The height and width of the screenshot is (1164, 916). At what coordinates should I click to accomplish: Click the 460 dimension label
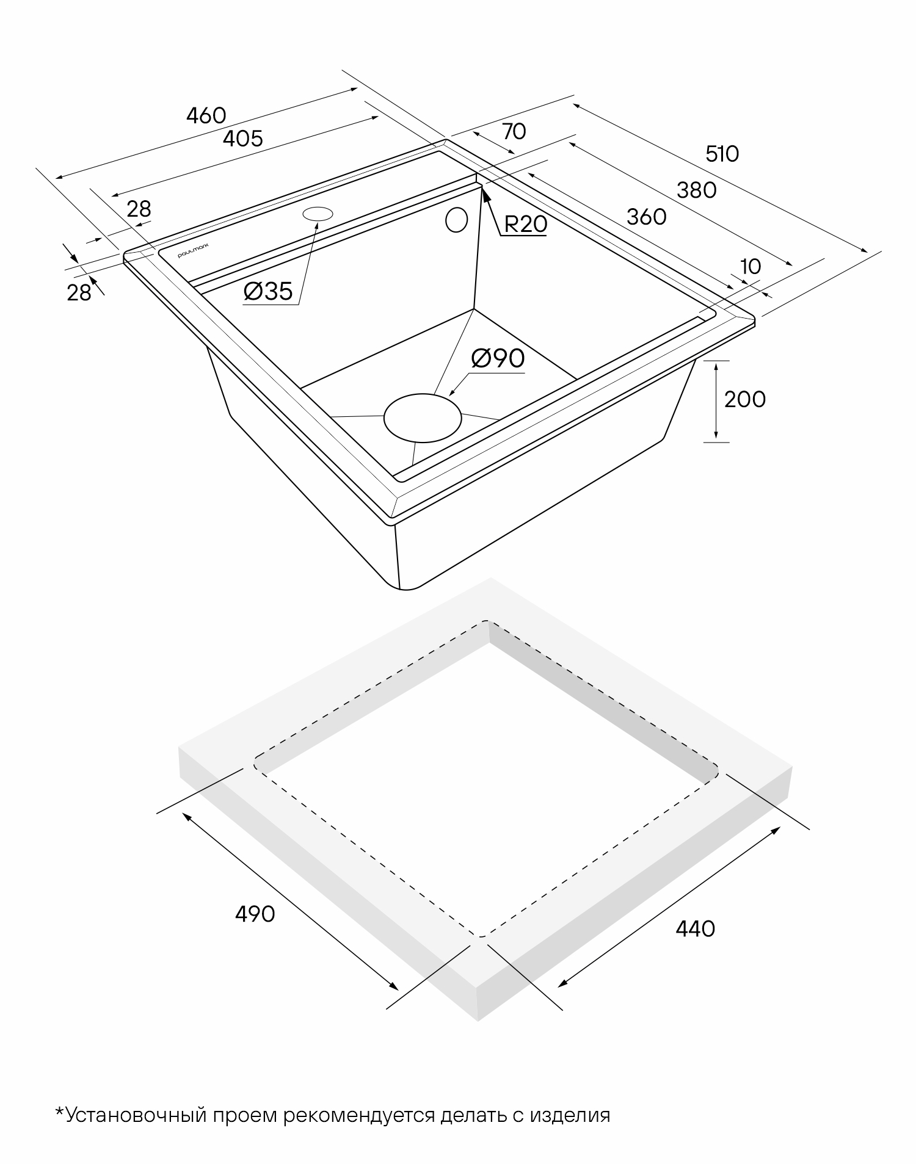coord(206,115)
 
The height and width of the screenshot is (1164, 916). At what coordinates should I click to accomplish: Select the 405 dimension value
coord(242,139)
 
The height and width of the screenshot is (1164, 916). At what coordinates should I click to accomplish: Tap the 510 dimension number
coord(722,154)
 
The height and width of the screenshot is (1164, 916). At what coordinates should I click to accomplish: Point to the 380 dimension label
coord(696,190)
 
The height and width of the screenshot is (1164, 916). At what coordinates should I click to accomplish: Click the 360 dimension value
coord(647,216)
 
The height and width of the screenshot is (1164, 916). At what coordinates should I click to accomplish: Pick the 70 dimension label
coord(514,131)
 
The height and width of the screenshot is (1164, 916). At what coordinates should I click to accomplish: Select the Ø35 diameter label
coord(268,292)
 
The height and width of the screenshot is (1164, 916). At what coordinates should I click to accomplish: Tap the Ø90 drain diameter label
coord(498,358)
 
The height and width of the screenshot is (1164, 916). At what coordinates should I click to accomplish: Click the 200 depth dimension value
coord(744,399)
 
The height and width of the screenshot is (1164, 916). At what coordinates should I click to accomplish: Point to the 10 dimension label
coord(751,267)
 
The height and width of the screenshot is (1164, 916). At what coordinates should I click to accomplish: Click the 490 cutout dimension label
coord(255,914)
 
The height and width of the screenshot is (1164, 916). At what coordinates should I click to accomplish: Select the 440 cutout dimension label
coord(695,928)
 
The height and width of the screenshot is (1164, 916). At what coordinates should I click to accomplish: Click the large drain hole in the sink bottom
coord(422,418)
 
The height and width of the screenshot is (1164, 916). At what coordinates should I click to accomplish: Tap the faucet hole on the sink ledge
coord(318,214)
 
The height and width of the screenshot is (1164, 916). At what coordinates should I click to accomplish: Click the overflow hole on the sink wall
coord(456,220)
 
